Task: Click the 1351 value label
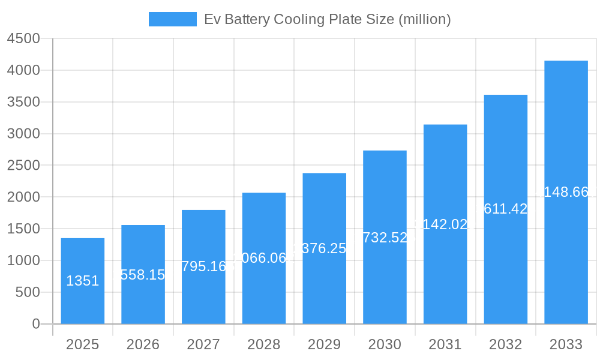(82, 281)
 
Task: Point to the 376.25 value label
(325, 248)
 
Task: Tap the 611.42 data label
(506, 209)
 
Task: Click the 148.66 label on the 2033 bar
(566, 193)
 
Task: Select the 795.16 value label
(203, 266)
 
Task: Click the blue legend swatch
(172, 19)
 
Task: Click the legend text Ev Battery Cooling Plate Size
(327, 19)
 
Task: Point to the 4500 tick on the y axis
(23, 38)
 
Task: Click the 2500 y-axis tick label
(23, 165)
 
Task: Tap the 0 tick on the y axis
(35, 324)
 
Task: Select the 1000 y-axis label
(23, 260)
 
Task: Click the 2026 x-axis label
(143, 344)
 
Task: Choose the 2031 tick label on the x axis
(445, 344)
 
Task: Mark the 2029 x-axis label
(324, 344)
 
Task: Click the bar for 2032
(506, 270)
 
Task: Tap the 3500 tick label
(23, 102)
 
